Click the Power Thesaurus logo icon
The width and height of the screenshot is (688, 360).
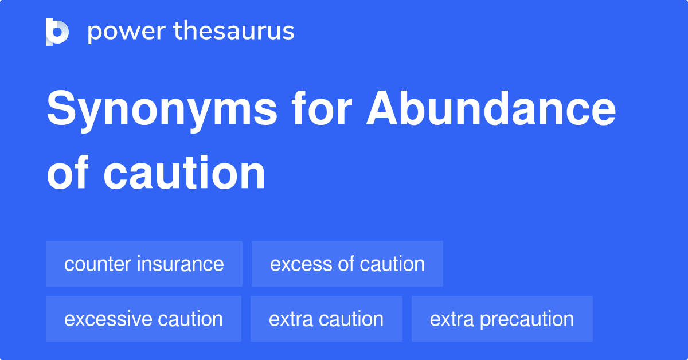pyautogui.click(x=57, y=32)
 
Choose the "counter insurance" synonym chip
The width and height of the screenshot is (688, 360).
pyautogui.click(x=144, y=264)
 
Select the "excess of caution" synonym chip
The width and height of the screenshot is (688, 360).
pyautogui.click(x=347, y=264)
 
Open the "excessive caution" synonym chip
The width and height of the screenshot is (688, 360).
pyautogui.click(x=143, y=319)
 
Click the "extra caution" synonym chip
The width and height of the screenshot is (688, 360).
pyautogui.click(x=326, y=319)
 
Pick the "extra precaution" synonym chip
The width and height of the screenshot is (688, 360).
pyautogui.click(x=502, y=319)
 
